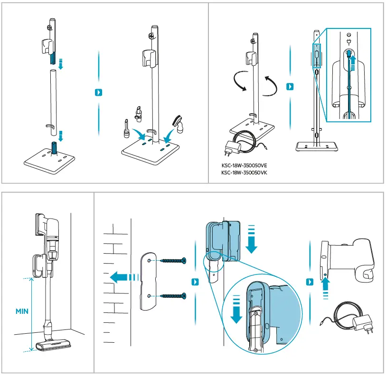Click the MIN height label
[x=22, y=311]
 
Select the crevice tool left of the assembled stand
[x=126, y=128]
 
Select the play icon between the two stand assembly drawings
[x=99, y=92]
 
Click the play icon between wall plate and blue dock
[x=195, y=282]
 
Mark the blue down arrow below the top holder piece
[x=60, y=65]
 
